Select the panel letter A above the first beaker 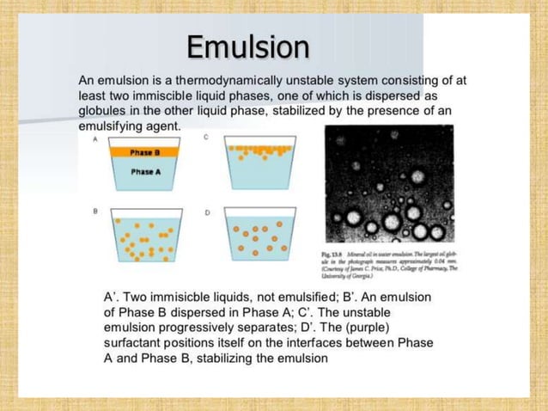84,138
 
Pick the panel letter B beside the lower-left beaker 84,210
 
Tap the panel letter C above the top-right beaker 207,138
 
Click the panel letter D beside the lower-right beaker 207,211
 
